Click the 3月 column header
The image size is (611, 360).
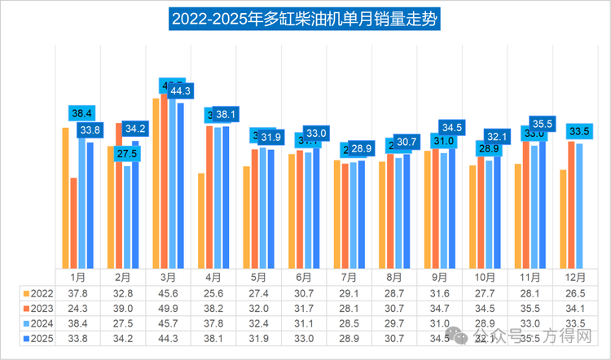[169, 278]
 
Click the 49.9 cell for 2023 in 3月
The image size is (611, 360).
[169, 308]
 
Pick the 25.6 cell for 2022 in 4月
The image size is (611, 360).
[214, 293]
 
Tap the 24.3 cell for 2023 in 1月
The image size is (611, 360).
[77, 308]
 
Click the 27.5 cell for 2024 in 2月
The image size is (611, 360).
[123, 323]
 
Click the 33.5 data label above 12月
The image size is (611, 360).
[579, 130]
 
